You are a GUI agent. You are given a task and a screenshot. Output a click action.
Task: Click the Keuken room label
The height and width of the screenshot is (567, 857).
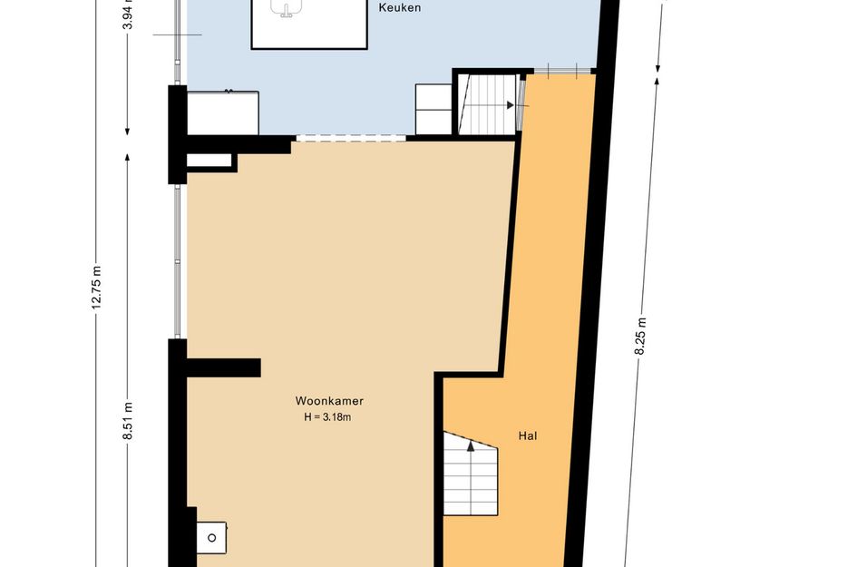pos(400,7)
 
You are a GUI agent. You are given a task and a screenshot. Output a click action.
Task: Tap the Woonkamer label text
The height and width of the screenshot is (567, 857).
pos(329,401)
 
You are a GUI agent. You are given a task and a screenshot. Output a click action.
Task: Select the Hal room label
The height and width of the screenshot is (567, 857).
pos(528,435)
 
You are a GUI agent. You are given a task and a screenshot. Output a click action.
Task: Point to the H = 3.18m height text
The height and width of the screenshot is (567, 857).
pos(327,417)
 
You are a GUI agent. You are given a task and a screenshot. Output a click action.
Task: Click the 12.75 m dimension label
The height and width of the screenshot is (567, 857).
pos(96,288)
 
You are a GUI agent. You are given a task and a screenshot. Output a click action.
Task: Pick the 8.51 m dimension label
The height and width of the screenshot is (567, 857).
pos(127,421)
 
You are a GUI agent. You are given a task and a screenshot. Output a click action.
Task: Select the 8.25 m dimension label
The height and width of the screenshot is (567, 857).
pos(640,337)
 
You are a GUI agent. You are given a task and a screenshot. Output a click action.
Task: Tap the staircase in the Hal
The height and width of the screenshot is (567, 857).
pos(470,474)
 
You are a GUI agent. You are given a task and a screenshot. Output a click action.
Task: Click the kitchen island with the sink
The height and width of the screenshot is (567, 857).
pos(309,24)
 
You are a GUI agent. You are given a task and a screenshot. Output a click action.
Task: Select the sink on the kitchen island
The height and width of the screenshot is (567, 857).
pos(287,7)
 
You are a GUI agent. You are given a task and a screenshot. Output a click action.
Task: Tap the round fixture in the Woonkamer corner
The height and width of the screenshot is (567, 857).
pos(211,538)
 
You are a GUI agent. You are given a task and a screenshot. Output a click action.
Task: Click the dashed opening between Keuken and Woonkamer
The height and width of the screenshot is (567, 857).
pos(350,139)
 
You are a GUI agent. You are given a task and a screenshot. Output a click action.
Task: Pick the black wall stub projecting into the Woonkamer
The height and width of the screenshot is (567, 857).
pos(223,368)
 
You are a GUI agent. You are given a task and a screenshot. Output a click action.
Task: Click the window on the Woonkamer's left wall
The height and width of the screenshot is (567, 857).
pos(177,261)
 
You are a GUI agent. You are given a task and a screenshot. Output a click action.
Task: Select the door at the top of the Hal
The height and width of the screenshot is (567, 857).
pos(562,71)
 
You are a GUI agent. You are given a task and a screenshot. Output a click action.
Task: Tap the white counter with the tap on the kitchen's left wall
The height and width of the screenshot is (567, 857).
pos(223,113)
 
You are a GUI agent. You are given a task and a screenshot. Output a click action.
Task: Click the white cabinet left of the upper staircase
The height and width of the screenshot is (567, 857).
pos(433,110)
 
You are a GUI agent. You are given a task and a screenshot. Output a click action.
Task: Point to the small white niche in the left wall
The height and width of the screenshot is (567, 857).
pos(209,161)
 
